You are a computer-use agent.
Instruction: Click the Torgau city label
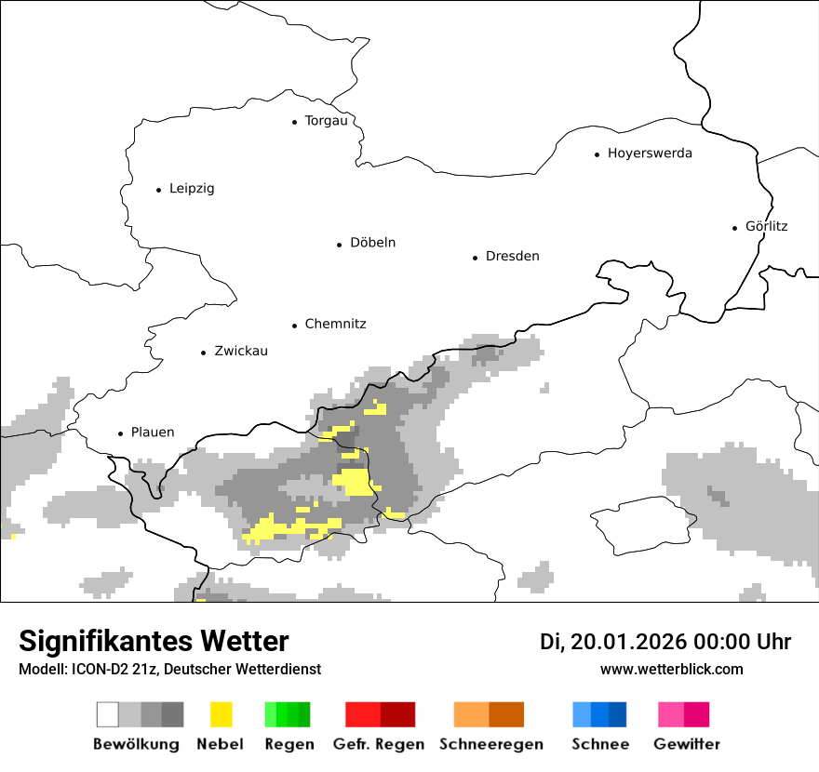tap(326, 121)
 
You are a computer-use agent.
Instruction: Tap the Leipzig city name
tap(192, 189)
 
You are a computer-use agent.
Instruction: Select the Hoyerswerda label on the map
tap(650, 153)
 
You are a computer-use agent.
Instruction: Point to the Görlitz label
tap(766, 226)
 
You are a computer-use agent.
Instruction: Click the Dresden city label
tap(512, 257)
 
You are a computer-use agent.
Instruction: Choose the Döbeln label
tap(372, 243)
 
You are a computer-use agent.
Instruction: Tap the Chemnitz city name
tap(335, 325)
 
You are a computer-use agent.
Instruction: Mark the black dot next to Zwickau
tap(203, 353)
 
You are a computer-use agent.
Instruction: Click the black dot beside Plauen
tap(120, 433)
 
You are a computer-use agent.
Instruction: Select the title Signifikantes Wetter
tap(154, 642)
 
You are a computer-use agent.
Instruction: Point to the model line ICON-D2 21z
tap(169, 670)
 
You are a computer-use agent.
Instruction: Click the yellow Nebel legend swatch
tap(221, 714)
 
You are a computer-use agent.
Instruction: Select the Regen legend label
tap(288, 744)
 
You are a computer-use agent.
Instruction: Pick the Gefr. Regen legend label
tap(379, 744)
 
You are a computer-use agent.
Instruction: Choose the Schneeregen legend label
tap(490, 744)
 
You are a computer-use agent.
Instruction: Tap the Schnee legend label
tap(600, 744)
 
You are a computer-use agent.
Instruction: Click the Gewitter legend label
tap(686, 744)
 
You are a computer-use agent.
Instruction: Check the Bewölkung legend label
tap(136, 744)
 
